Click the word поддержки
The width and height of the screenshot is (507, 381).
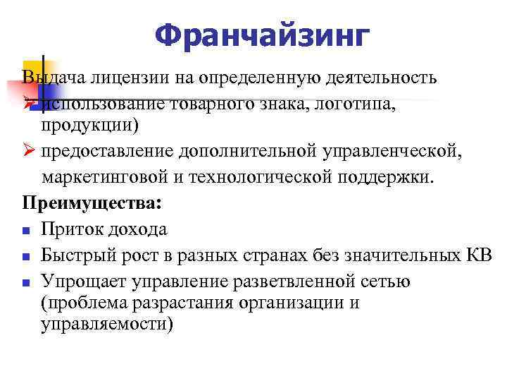pyautogui.click(x=385, y=177)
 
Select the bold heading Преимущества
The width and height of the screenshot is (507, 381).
pyautogui.click(x=92, y=203)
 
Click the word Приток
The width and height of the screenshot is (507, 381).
pyautogui.click(x=69, y=229)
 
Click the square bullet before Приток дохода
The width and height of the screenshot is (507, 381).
pyautogui.click(x=25, y=230)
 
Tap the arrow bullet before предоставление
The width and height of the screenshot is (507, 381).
pyautogui.click(x=27, y=152)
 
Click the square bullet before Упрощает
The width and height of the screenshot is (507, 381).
pyautogui.click(x=25, y=282)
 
